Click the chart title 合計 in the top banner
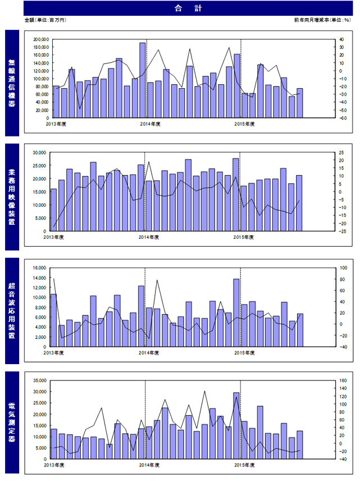(x=188, y=8)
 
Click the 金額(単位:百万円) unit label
(x=45, y=20)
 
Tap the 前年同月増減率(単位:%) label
(x=322, y=20)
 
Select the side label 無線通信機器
(x=12, y=83)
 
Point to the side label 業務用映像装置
(x=12, y=197)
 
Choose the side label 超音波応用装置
(x=12, y=310)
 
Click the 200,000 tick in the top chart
(x=41, y=39)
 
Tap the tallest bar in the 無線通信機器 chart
(x=143, y=80)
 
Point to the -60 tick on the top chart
(x=343, y=118)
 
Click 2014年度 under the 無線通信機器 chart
(x=151, y=124)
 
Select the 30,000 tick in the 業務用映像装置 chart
(x=39, y=152)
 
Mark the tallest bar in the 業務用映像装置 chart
(x=235, y=194)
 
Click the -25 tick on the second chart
(x=343, y=232)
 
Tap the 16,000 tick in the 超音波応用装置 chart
(x=39, y=268)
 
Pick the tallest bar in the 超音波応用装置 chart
(x=236, y=312)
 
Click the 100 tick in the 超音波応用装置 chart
(x=344, y=268)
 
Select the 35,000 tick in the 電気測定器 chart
(x=39, y=380)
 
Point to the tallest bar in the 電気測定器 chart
(x=236, y=426)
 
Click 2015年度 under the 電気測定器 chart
(x=244, y=465)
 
